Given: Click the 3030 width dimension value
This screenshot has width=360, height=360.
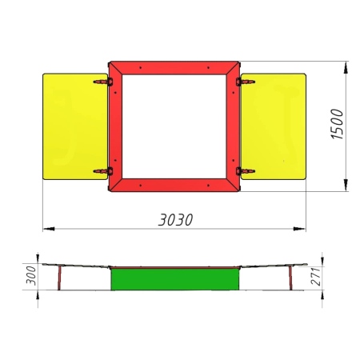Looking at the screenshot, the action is [175, 220].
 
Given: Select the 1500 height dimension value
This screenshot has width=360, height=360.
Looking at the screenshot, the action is [337, 124].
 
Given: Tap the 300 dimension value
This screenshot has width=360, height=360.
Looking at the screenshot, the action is [31, 275].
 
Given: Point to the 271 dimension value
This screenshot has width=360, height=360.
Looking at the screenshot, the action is [316, 277].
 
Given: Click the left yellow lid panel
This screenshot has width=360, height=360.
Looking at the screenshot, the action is [75, 126].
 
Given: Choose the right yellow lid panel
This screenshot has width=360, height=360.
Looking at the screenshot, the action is [274, 126].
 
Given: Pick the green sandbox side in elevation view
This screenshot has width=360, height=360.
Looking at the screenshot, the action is [175, 279].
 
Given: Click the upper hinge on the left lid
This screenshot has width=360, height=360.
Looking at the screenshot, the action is [103, 82].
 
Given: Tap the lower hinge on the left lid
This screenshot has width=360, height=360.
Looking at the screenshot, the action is [103, 171].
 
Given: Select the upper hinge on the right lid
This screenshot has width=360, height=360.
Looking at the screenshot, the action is [246, 82].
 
